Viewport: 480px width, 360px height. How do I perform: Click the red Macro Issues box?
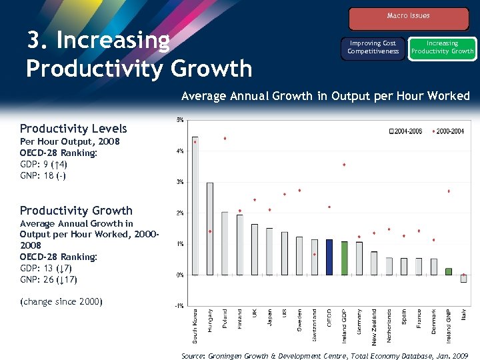408,17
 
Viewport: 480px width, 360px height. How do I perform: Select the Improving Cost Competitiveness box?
373,48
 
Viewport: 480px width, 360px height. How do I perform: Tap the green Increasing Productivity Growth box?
442,48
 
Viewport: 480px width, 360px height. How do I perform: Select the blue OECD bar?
329,257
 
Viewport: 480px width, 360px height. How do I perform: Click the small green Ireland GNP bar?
449,271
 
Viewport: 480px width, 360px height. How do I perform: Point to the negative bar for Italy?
463,279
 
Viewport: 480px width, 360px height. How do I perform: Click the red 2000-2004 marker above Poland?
225,139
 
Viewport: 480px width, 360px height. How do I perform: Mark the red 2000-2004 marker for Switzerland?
314,254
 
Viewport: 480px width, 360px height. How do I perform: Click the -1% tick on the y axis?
179,306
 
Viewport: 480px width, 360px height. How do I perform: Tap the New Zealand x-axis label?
374,326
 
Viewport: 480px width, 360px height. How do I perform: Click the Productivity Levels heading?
73,129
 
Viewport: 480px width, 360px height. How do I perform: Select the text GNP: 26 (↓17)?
48,279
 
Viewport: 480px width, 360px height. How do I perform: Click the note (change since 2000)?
62,302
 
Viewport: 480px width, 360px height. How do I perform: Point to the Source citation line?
326,356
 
